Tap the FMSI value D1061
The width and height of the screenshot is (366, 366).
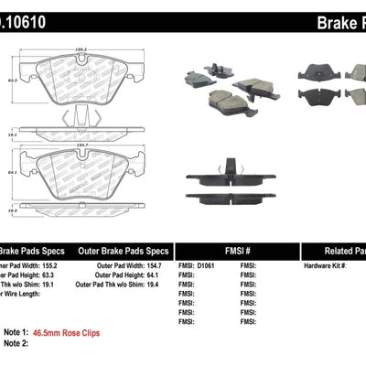coord(212,265)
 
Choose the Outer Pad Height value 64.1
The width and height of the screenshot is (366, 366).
coord(159,276)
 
